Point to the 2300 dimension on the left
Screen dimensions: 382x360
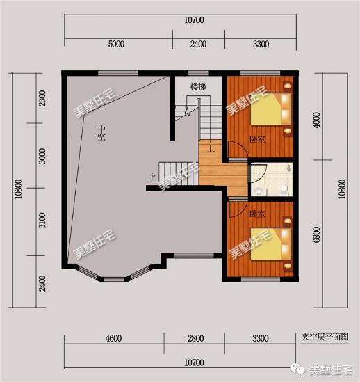[x=42, y=98]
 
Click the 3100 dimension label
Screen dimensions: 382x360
[x=42, y=222]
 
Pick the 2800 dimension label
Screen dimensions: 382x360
[x=195, y=339]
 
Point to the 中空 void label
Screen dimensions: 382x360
[x=101, y=132]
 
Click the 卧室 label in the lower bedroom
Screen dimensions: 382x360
[x=257, y=214]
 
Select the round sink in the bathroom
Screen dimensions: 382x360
[x=258, y=189]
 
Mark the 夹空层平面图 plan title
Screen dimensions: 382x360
[x=325, y=336]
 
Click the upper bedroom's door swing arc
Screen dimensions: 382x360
[x=237, y=150]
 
